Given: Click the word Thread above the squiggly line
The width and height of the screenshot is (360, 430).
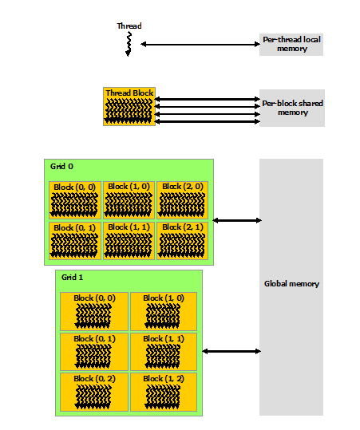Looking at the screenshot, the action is [x=129, y=26].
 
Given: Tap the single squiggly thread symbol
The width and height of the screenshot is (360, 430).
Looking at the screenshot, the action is [x=129, y=44].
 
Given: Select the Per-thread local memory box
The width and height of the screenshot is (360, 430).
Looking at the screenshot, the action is [x=291, y=45].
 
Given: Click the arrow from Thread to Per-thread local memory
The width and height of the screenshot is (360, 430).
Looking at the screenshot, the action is [x=200, y=44].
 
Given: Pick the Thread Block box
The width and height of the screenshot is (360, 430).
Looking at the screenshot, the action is [x=129, y=106].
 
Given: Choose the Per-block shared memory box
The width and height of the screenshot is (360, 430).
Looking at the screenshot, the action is [x=292, y=108].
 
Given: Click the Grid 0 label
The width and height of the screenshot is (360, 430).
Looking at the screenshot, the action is [x=61, y=167].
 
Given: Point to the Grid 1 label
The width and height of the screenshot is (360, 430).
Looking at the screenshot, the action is [x=72, y=278].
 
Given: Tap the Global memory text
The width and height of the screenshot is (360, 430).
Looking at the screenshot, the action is [x=291, y=284].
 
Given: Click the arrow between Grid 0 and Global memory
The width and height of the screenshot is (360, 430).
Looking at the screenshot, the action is [x=237, y=220].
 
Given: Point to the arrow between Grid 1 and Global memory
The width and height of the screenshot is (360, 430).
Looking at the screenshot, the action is [x=231, y=351].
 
